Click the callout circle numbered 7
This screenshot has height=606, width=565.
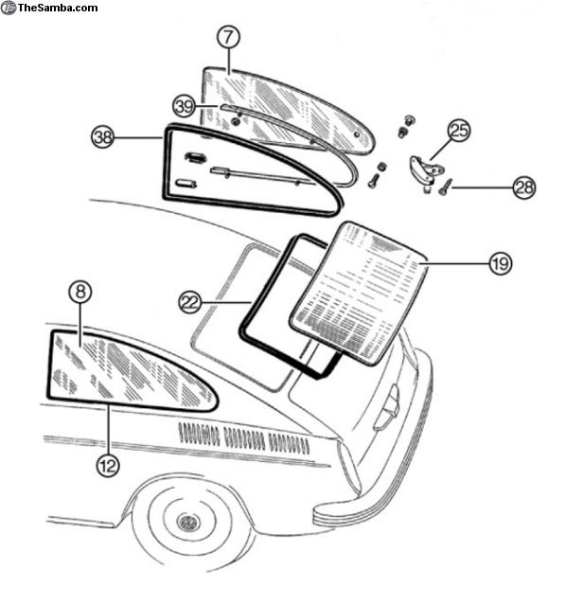(228, 37)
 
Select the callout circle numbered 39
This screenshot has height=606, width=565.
(184, 106)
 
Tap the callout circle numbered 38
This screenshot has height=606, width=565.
(103, 136)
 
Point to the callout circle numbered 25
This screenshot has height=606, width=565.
(459, 131)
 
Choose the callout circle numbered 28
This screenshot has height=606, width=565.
(524, 187)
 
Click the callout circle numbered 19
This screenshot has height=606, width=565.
(501, 263)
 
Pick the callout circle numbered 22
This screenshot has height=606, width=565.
(190, 302)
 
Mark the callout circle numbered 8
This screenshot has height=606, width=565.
(80, 292)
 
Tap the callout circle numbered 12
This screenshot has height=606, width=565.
(108, 465)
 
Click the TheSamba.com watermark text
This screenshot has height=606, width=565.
(58, 8)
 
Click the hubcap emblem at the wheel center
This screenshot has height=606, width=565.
(188, 523)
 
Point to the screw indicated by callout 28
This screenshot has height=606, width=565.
(445, 187)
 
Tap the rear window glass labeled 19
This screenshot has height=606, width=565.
(360, 293)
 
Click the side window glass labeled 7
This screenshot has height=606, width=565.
(288, 109)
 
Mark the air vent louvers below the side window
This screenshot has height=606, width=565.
(244, 438)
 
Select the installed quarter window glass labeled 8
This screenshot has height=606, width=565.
(132, 370)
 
